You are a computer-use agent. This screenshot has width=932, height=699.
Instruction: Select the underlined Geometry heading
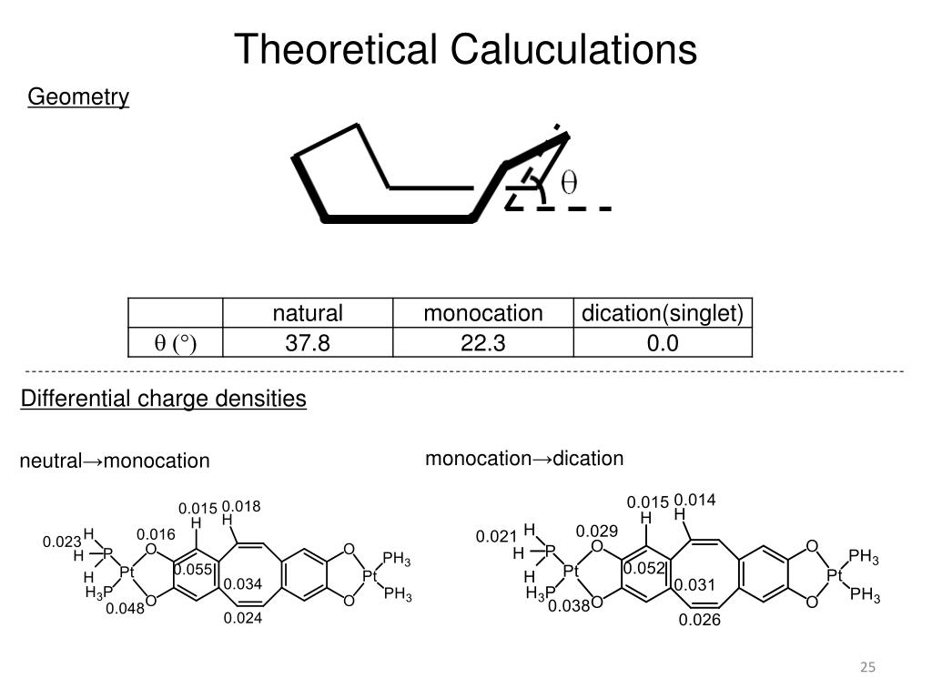pyautogui.click(x=78, y=97)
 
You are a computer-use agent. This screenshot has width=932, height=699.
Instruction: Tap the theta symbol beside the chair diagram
pyautogui.click(x=568, y=184)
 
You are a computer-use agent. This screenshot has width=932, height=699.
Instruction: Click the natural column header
pyautogui.click(x=308, y=314)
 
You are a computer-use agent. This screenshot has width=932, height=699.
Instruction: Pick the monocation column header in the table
pyautogui.click(x=482, y=314)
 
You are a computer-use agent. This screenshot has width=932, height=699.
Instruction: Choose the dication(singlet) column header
pyautogui.click(x=663, y=314)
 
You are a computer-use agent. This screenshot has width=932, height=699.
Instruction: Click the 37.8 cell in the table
pyautogui.click(x=308, y=343)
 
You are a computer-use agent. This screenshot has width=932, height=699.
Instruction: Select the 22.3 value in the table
pyautogui.click(x=482, y=343)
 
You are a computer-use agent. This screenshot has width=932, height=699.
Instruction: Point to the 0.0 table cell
pyautogui.click(x=663, y=343)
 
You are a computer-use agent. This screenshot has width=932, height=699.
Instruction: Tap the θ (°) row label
pyautogui.click(x=175, y=343)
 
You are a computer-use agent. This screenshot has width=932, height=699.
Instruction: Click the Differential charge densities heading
pyautogui.click(x=164, y=399)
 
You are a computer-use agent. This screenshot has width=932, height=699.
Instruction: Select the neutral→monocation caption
pyautogui.click(x=115, y=461)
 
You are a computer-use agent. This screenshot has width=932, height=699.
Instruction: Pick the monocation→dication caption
pyautogui.click(x=524, y=459)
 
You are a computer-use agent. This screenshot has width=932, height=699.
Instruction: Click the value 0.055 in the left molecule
pyautogui.click(x=192, y=570)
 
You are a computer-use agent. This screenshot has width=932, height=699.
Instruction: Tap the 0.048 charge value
pyautogui.click(x=125, y=609)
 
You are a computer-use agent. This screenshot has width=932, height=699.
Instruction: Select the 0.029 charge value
pyautogui.click(x=596, y=531)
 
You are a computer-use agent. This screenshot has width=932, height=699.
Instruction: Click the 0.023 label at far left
pyautogui.click(x=62, y=542)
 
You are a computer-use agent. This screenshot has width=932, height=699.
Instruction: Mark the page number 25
pyautogui.click(x=867, y=669)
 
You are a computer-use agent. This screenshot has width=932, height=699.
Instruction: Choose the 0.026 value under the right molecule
pyautogui.click(x=699, y=620)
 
